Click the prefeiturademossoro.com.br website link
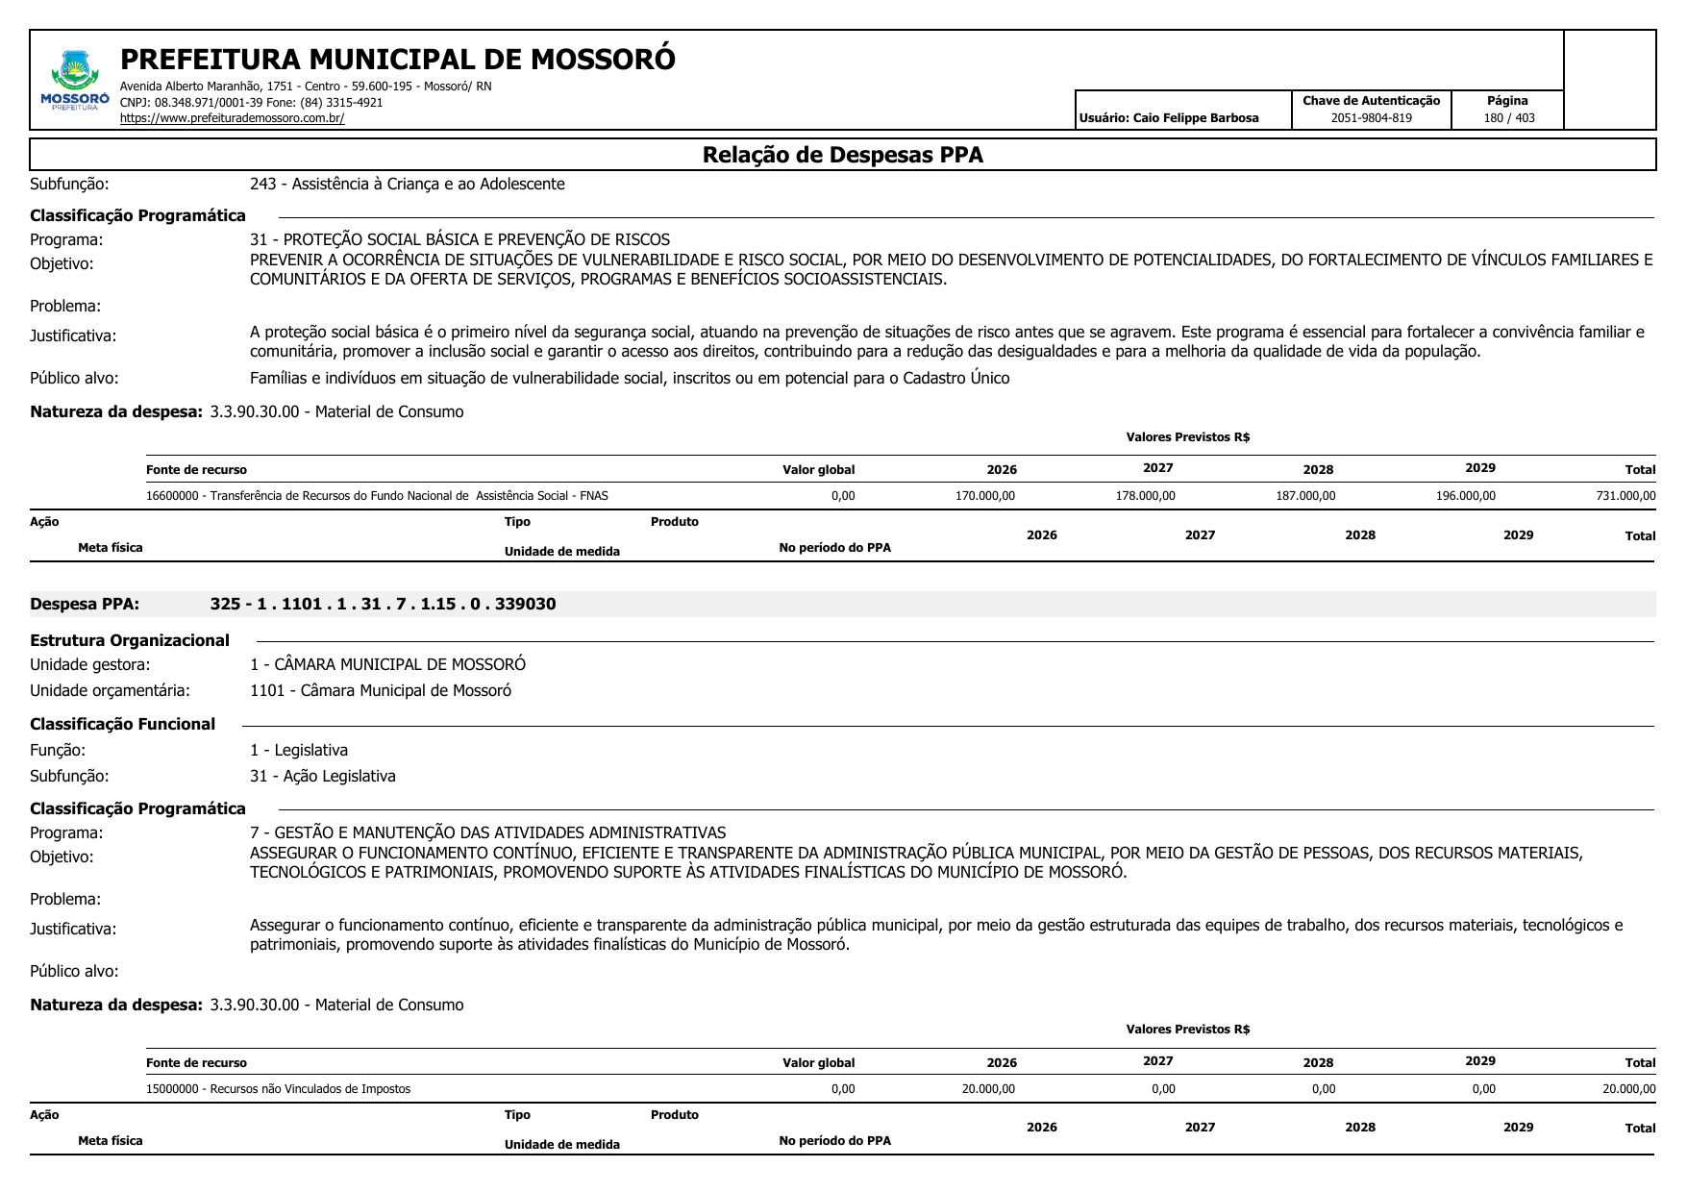tap(232, 118)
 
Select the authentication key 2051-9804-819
tap(1371, 118)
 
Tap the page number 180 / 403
tap(1508, 118)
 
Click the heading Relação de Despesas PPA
tap(842, 155)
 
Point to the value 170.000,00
tap(984, 496)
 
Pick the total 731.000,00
tap(1625, 496)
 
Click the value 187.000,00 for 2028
tap(1304, 496)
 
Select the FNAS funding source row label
tap(377, 496)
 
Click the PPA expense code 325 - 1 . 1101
tap(383, 604)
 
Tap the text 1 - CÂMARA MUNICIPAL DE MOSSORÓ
tap(387, 664)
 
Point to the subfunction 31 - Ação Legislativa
tap(322, 776)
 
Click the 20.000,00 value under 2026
tap(987, 1089)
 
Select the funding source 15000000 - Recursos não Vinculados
tap(278, 1089)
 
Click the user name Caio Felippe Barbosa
tap(1169, 118)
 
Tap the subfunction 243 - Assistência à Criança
tap(407, 184)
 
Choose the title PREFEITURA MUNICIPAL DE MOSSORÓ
tap(397, 60)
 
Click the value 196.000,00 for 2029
tap(1465, 496)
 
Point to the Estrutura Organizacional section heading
tap(130, 640)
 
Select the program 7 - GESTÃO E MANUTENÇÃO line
tap(487, 832)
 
